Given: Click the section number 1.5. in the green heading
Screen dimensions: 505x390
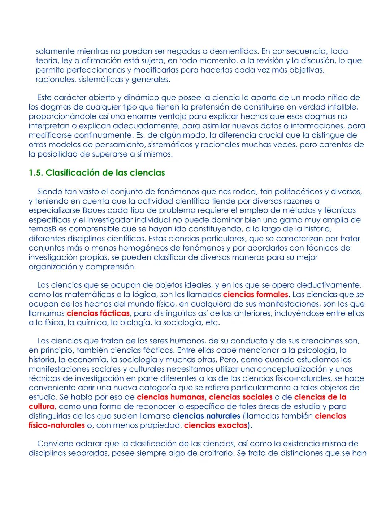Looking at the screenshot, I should coord(36,173).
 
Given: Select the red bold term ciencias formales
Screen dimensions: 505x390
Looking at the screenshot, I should coord(255,295).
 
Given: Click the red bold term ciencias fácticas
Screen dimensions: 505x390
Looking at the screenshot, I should coord(98,313).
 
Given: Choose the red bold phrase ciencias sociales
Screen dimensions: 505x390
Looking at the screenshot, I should coord(241,397).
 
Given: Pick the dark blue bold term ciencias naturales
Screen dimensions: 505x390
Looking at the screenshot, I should coord(206,416).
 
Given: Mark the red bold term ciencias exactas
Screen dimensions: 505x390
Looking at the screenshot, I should coord(215,425).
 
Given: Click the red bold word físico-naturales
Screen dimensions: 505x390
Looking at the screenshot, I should coord(57,425).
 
